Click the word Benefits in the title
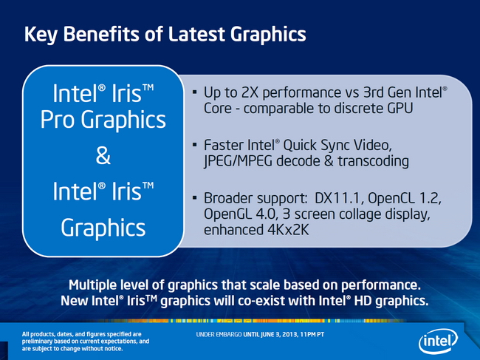click(x=101, y=34)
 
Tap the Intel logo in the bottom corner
click(x=438, y=341)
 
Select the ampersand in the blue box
click(x=103, y=156)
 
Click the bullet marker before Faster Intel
click(x=195, y=144)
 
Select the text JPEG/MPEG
click(x=239, y=161)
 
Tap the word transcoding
click(x=373, y=161)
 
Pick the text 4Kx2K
click(x=288, y=230)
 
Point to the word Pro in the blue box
click(x=58, y=120)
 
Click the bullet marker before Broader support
click(x=195, y=197)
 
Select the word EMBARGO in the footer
click(x=229, y=335)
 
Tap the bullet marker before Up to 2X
click(x=195, y=92)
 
